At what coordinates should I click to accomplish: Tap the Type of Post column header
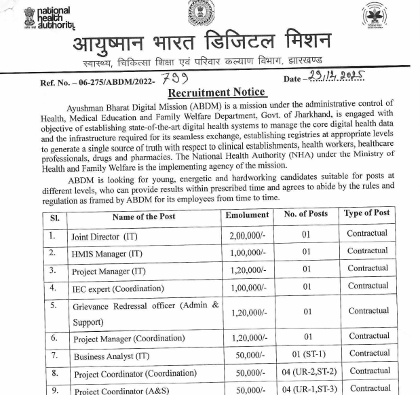(366, 214)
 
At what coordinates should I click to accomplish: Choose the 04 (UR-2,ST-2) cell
(307, 372)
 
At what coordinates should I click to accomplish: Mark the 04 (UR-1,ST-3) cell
(307, 389)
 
